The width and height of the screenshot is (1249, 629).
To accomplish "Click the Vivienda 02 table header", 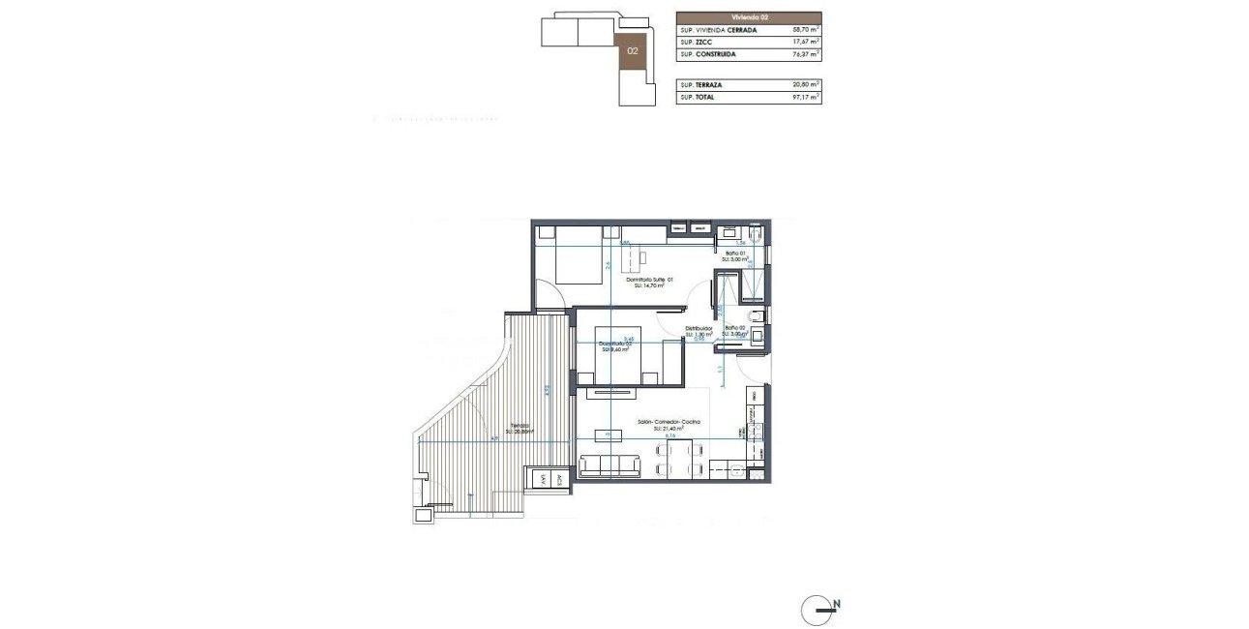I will (x=749, y=17).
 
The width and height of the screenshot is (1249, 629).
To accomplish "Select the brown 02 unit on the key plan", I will (x=632, y=49).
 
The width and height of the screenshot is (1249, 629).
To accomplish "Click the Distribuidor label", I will (x=699, y=329).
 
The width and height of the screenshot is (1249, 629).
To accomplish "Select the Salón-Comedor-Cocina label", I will (x=669, y=423).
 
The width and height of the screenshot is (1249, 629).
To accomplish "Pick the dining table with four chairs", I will (x=678, y=458).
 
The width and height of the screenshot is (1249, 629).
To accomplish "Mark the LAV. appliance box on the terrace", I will (x=544, y=477).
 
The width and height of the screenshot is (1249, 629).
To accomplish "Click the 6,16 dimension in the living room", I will (x=669, y=435).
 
